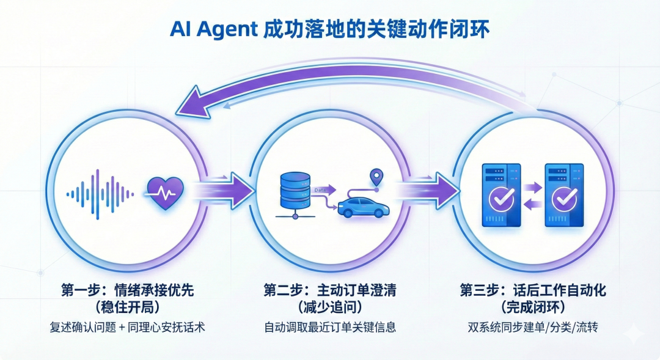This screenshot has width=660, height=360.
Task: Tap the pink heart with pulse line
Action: [x=166, y=193]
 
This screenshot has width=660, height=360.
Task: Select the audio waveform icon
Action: [x=100, y=193]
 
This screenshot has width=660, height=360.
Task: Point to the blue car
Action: [x=362, y=206]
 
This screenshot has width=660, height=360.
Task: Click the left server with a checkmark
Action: [x=501, y=194]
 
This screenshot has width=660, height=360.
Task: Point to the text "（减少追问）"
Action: [x=330, y=307]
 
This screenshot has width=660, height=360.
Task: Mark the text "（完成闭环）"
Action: [x=532, y=307]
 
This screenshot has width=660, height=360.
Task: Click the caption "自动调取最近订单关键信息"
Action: [x=330, y=328]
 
